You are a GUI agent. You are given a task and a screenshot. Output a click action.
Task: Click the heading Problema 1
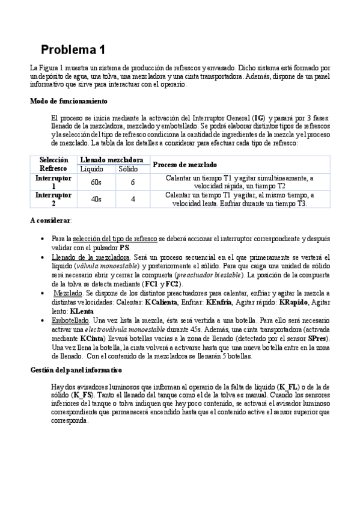pos(73,49)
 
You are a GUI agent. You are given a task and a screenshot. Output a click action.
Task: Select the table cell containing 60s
pos(96,182)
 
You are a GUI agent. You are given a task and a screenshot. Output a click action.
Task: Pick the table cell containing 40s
pos(96,199)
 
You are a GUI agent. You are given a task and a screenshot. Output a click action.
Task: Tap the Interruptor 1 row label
pos(53,182)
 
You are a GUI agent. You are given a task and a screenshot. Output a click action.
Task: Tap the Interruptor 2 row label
pos(53,199)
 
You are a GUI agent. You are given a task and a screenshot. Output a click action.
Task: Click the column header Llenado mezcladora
pos(111,160)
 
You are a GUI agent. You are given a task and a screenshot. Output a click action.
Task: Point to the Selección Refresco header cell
pos(53,164)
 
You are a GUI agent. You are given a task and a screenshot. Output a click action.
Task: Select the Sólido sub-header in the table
pos(127,169)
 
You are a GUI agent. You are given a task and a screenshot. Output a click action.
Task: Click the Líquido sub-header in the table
pos(92,169)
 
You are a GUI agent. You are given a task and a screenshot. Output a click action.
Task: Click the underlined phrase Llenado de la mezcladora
pos(90,257)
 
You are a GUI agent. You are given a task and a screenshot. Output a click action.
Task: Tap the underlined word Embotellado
pos(72,321)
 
